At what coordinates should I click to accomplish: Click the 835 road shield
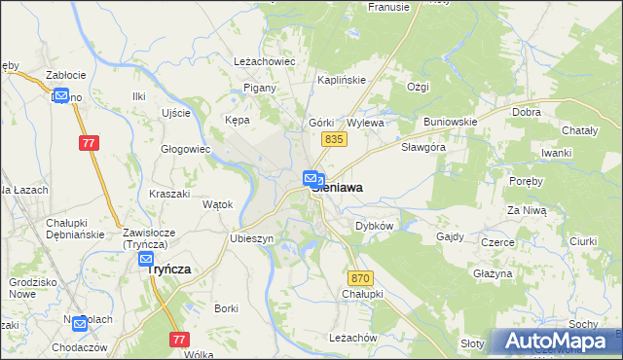coord(334,140)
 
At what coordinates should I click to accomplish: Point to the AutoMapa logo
coord(556,341)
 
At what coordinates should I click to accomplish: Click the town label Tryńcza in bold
coord(167,270)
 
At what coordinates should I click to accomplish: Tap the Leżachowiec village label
coord(264,60)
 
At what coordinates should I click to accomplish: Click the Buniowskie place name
coord(450,123)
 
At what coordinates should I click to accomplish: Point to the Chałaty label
coord(581,130)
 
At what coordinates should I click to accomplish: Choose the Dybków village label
coord(374,225)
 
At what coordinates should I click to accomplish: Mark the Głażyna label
coord(493,274)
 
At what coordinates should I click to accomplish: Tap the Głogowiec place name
coord(186,149)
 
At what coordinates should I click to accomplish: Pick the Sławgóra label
coord(423,148)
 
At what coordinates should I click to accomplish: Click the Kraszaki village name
coord(169,194)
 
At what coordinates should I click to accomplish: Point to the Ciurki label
coord(582,240)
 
